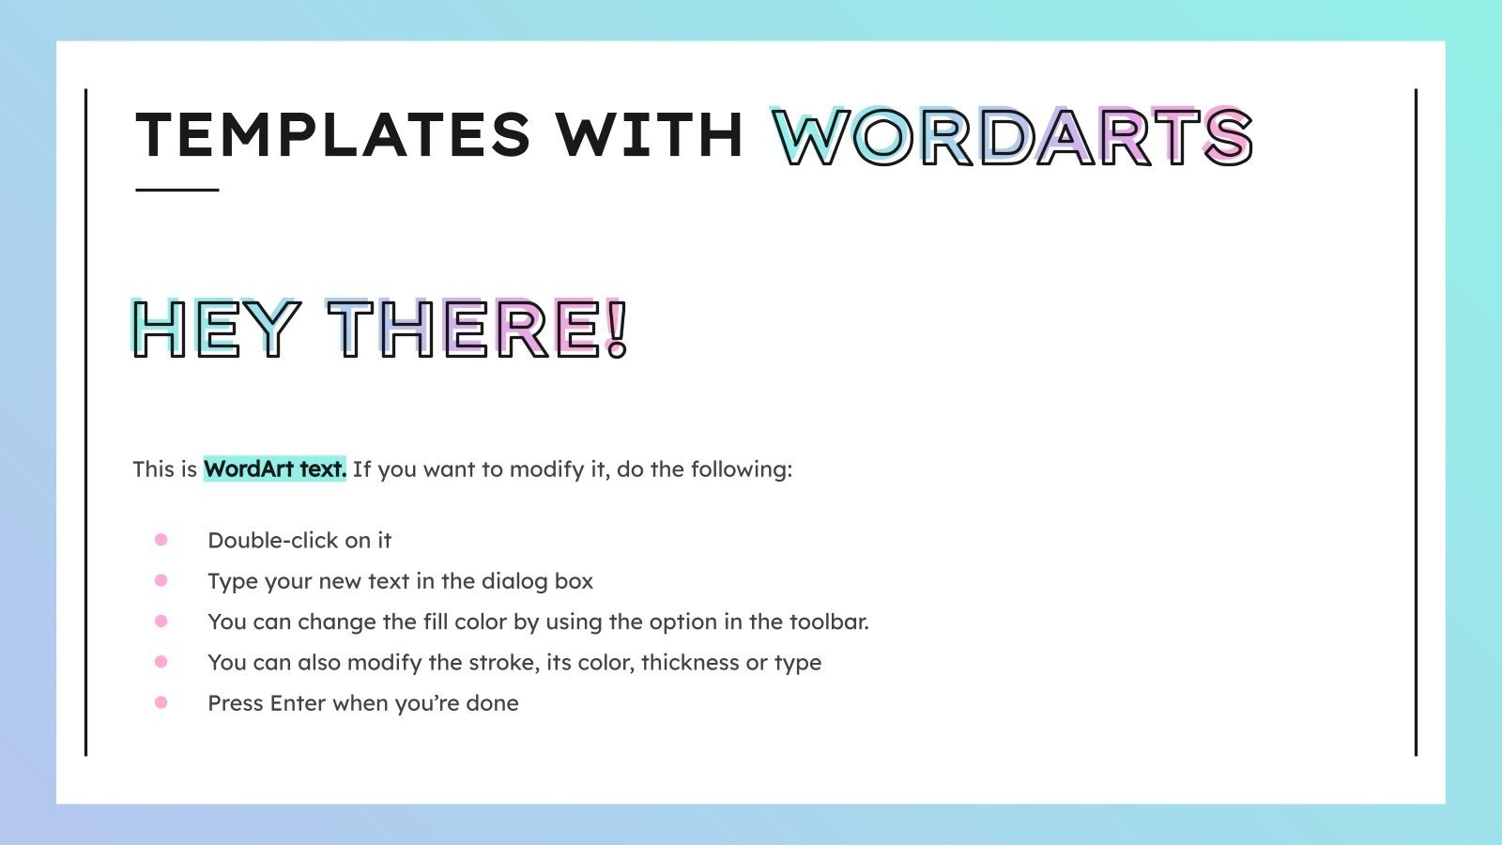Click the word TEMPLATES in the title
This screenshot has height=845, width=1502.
[333, 134]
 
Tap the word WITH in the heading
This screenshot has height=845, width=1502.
[650, 134]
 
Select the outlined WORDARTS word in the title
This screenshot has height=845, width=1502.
[1012, 137]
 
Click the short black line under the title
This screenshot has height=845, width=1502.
[177, 190]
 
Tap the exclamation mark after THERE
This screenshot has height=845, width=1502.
[617, 329]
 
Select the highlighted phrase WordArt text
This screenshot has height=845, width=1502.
[275, 469]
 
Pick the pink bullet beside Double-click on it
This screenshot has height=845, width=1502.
[161, 540]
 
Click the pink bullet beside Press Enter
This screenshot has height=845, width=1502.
[161, 702]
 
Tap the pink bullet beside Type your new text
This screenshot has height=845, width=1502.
[161, 580]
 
